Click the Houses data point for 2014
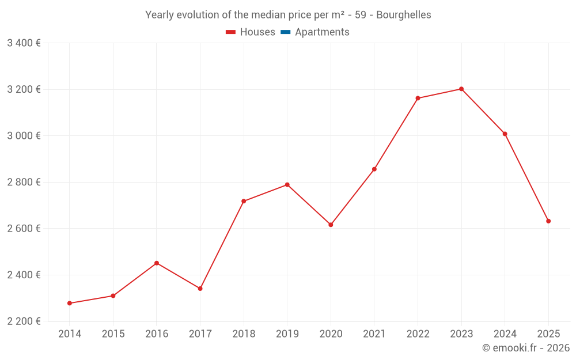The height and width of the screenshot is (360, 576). (x=70, y=303)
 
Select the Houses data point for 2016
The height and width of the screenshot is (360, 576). (x=157, y=263)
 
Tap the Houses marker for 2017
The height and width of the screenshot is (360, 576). (x=200, y=289)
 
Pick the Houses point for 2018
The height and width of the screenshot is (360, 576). (x=244, y=201)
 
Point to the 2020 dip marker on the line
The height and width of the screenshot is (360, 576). (x=331, y=225)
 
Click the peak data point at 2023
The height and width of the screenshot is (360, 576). (x=461, y=89)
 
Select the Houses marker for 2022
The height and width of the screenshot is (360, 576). (x=418, y=98)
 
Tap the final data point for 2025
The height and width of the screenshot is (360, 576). (x=548, y=221)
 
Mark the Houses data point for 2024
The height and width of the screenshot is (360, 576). (x=505, y=134)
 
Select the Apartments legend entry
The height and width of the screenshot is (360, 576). (x=322, y=32)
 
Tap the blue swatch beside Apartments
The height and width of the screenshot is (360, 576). (x=285, y=32)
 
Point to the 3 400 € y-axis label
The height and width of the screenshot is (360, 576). (x=24, y=43)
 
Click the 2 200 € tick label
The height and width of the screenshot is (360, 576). (x=24, y=321)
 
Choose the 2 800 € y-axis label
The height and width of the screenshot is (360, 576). (x=24, y=182)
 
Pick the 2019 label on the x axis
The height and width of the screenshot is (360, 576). (x=287, y=334)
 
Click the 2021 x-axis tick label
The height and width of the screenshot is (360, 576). (x=374, y=334)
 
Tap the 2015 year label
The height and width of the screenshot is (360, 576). (x=113, y=334)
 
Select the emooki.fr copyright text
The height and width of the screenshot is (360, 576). (x=525, y=348)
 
